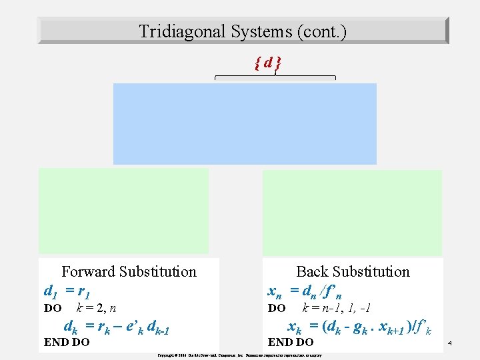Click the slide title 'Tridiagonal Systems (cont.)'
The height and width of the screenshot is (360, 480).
(x=243, y=31)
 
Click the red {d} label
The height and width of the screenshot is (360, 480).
(x=267, y=63)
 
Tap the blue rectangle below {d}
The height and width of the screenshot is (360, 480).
(x=245, y=123)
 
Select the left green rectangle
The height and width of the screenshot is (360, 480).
(x=123, y=209)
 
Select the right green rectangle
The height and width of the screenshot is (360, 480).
(x=352, y=212)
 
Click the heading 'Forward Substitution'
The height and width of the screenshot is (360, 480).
(x=129, y=271)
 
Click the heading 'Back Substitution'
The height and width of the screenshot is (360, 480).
(x=353, y=271)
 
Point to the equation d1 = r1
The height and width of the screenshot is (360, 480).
(x=67, y=291)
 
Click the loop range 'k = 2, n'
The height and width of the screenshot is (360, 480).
(x=97, y=308)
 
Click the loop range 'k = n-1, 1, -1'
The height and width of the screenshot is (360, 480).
(x=337, y=308)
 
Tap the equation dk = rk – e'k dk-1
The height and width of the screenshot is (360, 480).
(x=117, y=327)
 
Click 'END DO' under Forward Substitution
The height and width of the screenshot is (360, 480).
(x=66, y=343)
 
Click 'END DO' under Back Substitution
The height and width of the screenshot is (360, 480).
(x=290, y=343)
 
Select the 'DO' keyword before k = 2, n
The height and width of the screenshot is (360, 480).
(x=53, y=309)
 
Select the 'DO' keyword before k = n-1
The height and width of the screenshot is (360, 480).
(x=277, y=309)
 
